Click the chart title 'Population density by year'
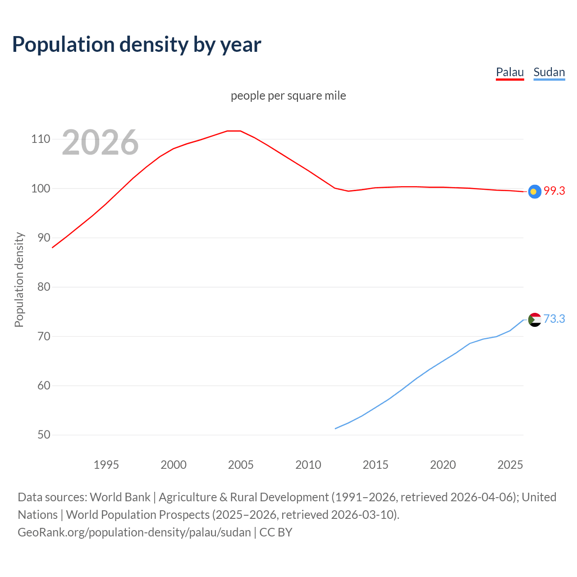coord(137,45)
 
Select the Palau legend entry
coord(510,72)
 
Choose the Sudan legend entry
coord(549,72)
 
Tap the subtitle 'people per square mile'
coord(288,96)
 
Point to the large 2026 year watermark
coord(100,142)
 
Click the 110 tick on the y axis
coord(40,139)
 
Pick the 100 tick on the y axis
coord(40,188)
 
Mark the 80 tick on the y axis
coord(43,287)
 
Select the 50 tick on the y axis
coord(43,435)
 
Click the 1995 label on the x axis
coord(106,465)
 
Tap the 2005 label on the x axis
coord(241,465)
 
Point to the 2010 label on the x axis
coord(308,465)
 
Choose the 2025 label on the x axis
coord(510,465)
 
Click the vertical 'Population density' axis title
coord(19,279)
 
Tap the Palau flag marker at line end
coord(534,192)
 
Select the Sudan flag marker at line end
coord(534,320)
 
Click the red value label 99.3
coord(554,191)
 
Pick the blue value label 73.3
coord(554,319)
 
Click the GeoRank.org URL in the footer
coord(134,532)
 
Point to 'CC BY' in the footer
coord(276,532)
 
